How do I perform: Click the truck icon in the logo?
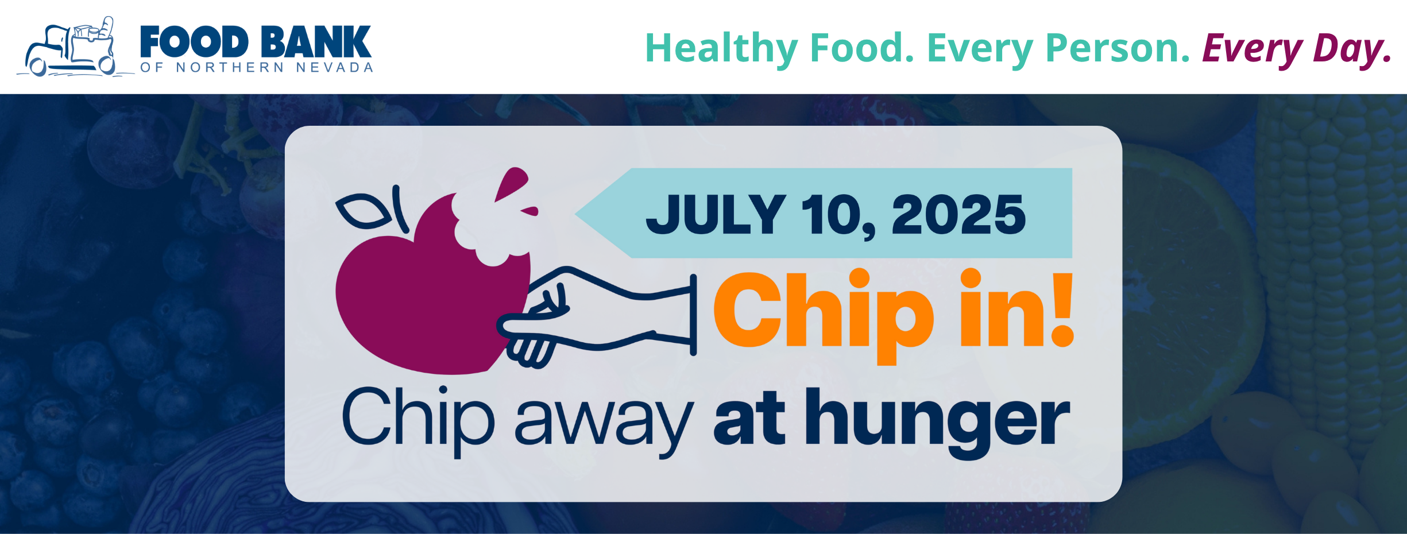72,49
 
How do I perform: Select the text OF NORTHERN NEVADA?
257,68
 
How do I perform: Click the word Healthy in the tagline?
722,48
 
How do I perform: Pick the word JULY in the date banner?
716,214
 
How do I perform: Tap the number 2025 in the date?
958,214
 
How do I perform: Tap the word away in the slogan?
604,422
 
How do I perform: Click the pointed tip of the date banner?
575,214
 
